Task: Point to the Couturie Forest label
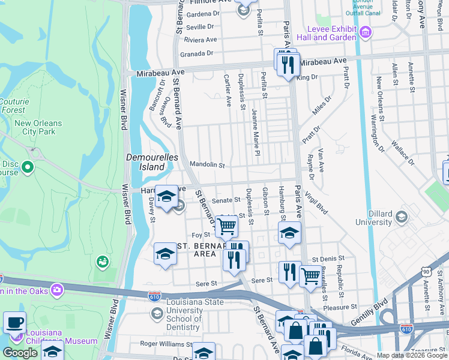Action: coord(13,106)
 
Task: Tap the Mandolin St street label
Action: coord(206,164)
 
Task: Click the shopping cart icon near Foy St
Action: coord(226,226)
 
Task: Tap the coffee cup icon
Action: coord(14,322)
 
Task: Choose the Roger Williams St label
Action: coord(165,344)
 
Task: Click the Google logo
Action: coord(20,352)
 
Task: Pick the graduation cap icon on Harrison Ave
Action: coord(166,196)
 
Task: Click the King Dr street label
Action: coord(307,77)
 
